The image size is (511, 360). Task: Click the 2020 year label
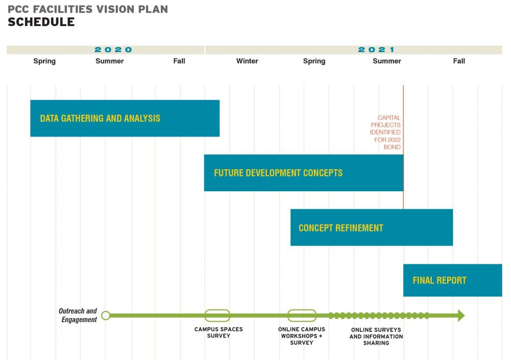tap(113, 50)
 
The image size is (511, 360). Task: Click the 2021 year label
tap(377, 50)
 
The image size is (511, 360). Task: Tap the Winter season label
tap(247, 61)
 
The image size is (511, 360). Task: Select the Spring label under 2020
tap(44, 61)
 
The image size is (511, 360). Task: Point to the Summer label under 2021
tap(387, 61)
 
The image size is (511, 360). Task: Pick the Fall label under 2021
tap(459, 61)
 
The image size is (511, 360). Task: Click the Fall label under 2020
tap(179, 61)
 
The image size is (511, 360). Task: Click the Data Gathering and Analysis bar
tap(125, 118)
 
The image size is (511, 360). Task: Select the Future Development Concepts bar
tap(304, 173)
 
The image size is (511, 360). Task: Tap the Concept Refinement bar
tap(371, 227)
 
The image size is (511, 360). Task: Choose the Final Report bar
tap(453, 280)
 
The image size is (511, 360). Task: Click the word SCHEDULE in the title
tap(41, 22)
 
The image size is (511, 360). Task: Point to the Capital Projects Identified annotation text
tap(385, 132)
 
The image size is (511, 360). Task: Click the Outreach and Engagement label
tap(78, 316)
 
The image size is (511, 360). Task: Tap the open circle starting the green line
tap(106, 316)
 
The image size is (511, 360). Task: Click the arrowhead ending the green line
tap(461, 316)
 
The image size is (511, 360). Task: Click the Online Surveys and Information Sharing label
tap(376, 336)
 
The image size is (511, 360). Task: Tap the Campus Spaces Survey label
tap(219, 332)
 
